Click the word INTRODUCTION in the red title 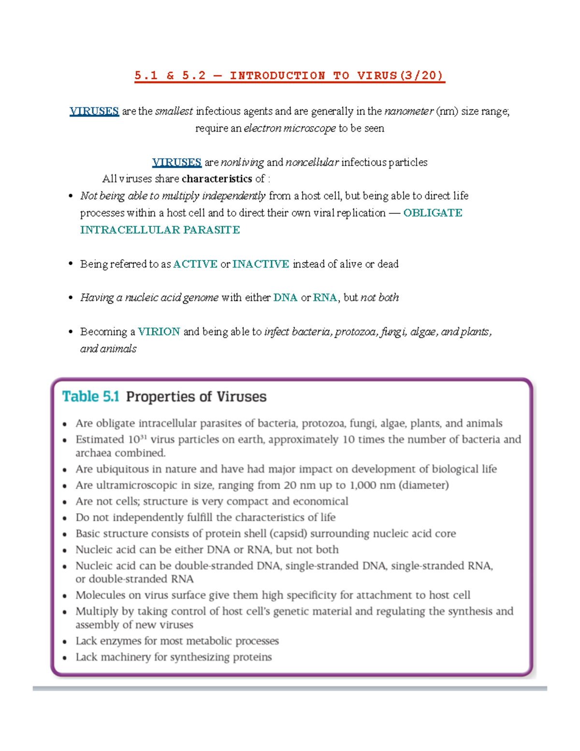point(277,75)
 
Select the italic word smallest point(174,111)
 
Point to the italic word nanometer point(409,111)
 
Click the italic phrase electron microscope point(290,128)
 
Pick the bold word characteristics point(217,179)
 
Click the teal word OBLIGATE point(433,213)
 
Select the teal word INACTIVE point(261,264)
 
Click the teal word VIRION point(159,332)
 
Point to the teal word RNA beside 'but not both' point(325,298)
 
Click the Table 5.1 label point(90,397)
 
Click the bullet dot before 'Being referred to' point(71,264)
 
